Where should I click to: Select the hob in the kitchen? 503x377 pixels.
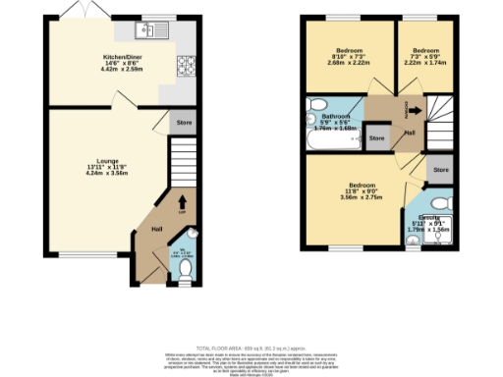click(x=186, y=67)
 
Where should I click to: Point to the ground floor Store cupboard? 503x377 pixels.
click(x=184, y=124)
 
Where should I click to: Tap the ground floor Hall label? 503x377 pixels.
click(x=156, y=229)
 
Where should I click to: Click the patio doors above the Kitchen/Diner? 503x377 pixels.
click(x=75, y=11)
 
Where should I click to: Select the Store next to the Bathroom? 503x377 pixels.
click(x=376, y=138)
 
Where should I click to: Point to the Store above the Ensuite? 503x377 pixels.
click(x=440, y=170)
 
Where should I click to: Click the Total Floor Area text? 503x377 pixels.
click(x=251, y=349)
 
